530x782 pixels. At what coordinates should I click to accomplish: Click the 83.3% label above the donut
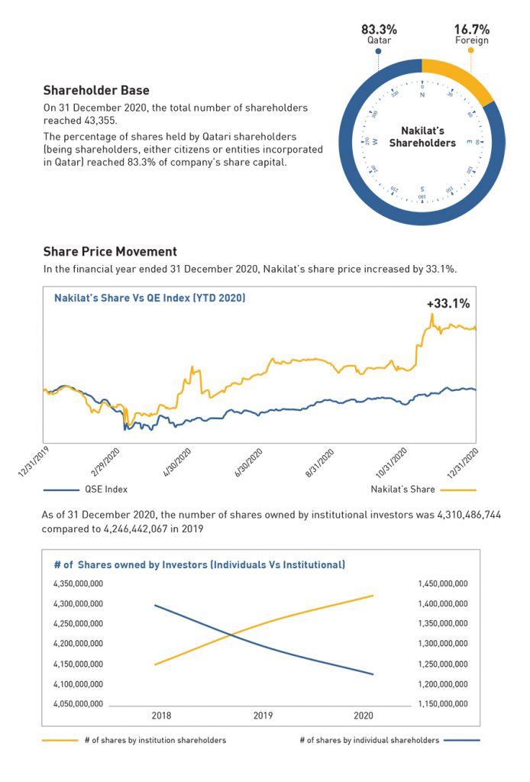coord(379,29)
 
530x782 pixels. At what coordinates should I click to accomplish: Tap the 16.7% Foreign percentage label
coord(470,29)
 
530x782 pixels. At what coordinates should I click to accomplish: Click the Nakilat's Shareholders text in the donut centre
coord(422,137)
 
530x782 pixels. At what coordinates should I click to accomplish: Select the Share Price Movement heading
coord(110,251)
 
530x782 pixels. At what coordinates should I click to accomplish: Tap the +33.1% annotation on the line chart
coord(448,303)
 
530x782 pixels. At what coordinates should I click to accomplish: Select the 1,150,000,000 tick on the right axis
coord(443,703)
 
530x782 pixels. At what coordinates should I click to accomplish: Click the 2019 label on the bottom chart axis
coord(263,716)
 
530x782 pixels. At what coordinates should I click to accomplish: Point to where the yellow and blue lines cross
coord(230,632)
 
